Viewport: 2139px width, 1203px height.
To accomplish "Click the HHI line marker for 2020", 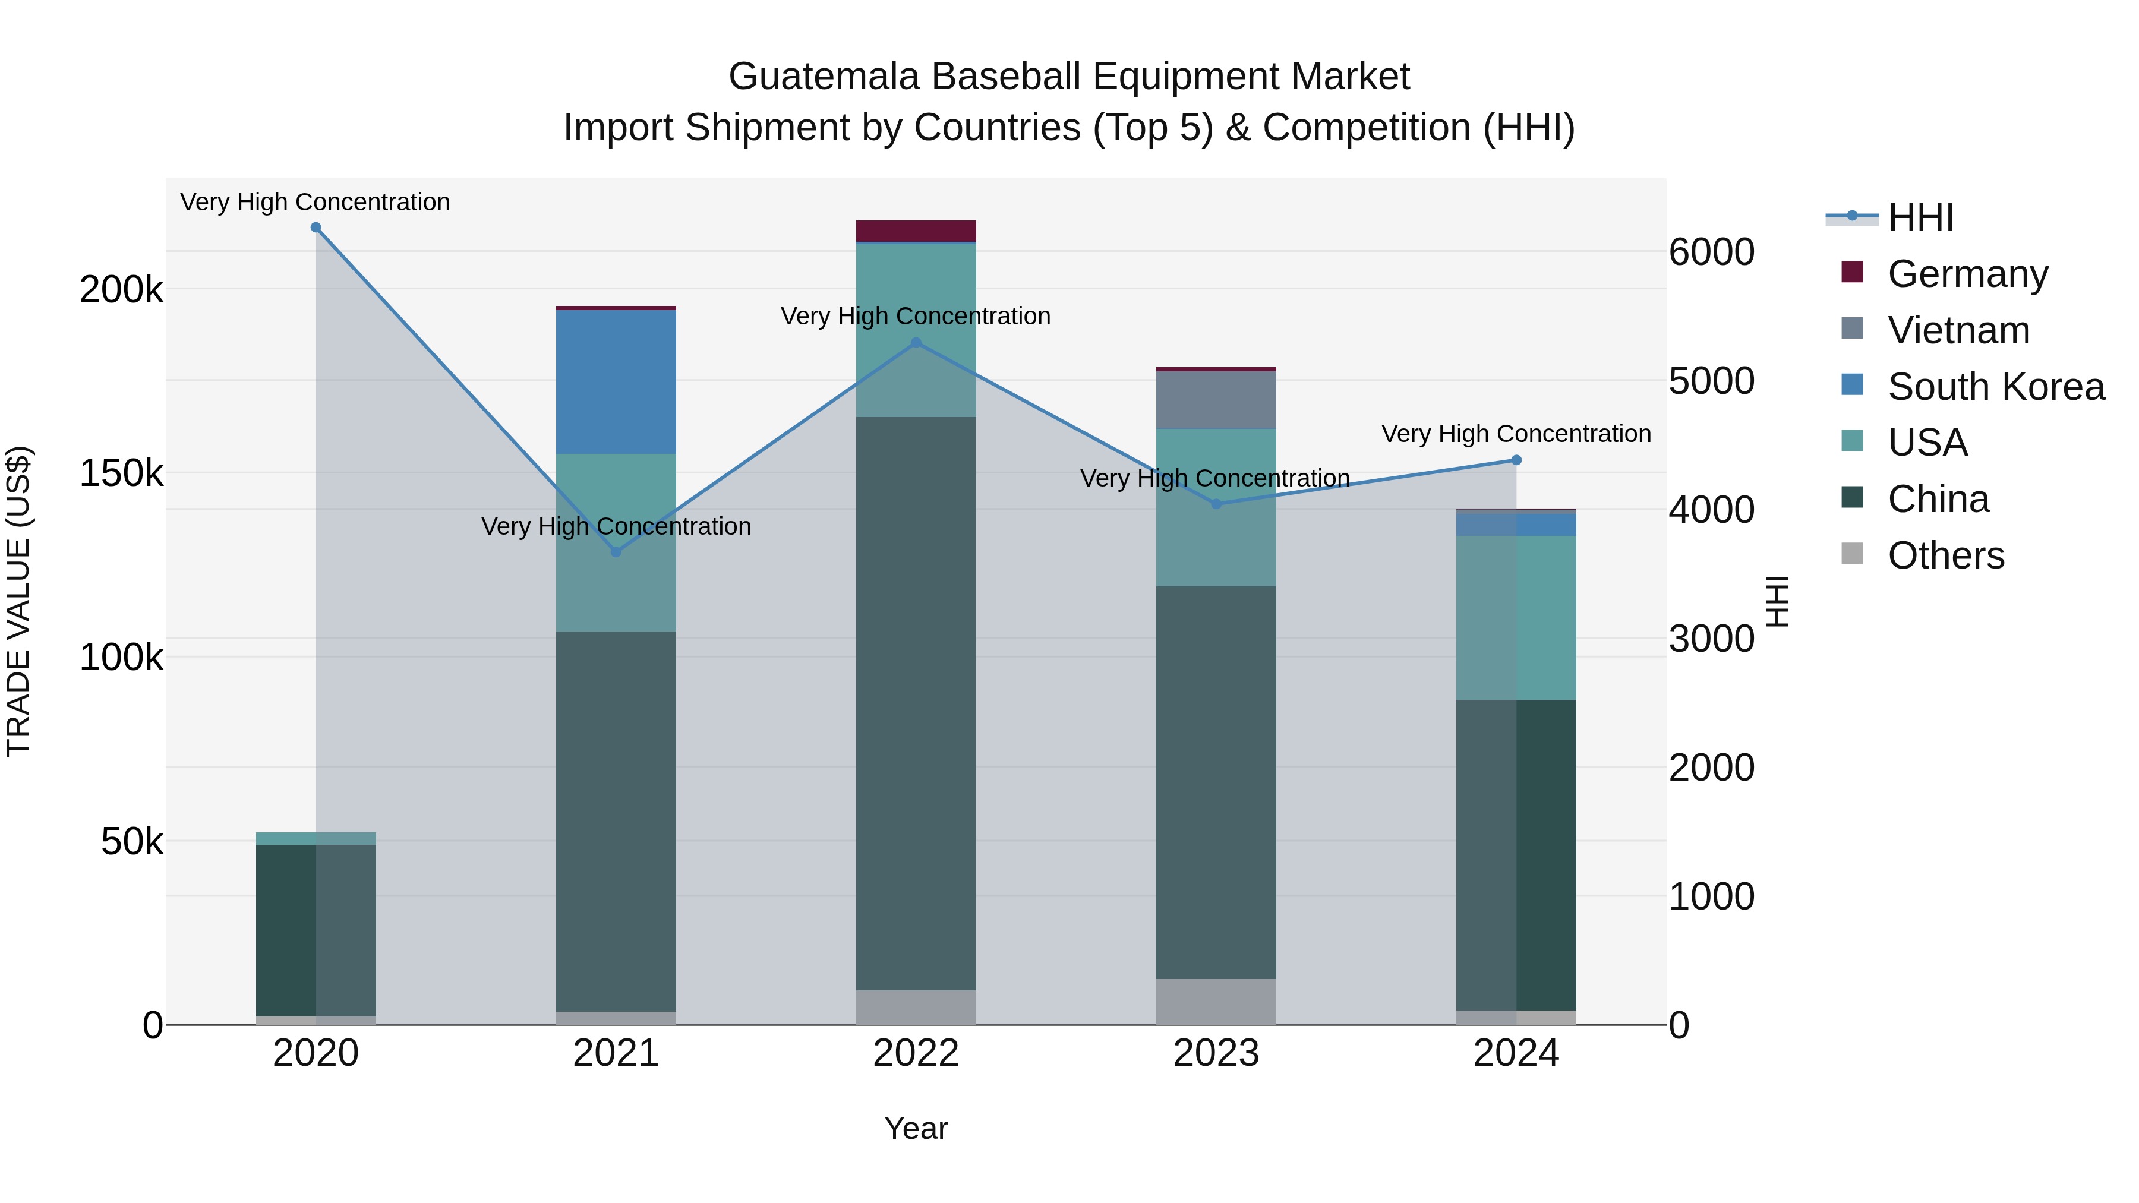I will click(x=316, y=228).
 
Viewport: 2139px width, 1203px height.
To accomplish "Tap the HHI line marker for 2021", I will click(x=616, y=552).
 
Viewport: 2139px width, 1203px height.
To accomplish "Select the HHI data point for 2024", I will click(x=1516, y=460).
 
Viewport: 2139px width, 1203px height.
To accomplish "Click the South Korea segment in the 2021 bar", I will click(x=616, y=382).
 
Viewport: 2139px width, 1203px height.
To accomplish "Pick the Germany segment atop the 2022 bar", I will click(x=916, y=231).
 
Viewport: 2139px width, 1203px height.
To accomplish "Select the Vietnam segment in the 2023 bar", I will click(x=1216, y=400).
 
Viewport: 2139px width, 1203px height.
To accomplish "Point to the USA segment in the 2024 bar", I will click(x=1516, y=618).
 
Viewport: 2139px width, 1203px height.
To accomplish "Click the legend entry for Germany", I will click(x=1967, y=273).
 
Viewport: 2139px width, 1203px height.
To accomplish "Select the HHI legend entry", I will click(x=1920, y=217).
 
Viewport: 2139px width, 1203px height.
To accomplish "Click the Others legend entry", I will click(x=1945, y=555).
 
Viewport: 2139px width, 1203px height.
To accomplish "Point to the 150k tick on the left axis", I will click(x=121, y=474).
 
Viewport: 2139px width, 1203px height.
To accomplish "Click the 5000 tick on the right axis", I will click(x=1712, y=381).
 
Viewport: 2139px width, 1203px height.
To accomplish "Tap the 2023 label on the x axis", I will click(x=1216, y=1053).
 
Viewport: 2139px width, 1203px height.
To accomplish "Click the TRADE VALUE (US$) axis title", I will click(x=18, y=601).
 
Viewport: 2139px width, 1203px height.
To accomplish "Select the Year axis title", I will click(x=916, y=1128).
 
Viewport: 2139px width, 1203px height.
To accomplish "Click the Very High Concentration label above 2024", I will click(x=1516, y=434).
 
